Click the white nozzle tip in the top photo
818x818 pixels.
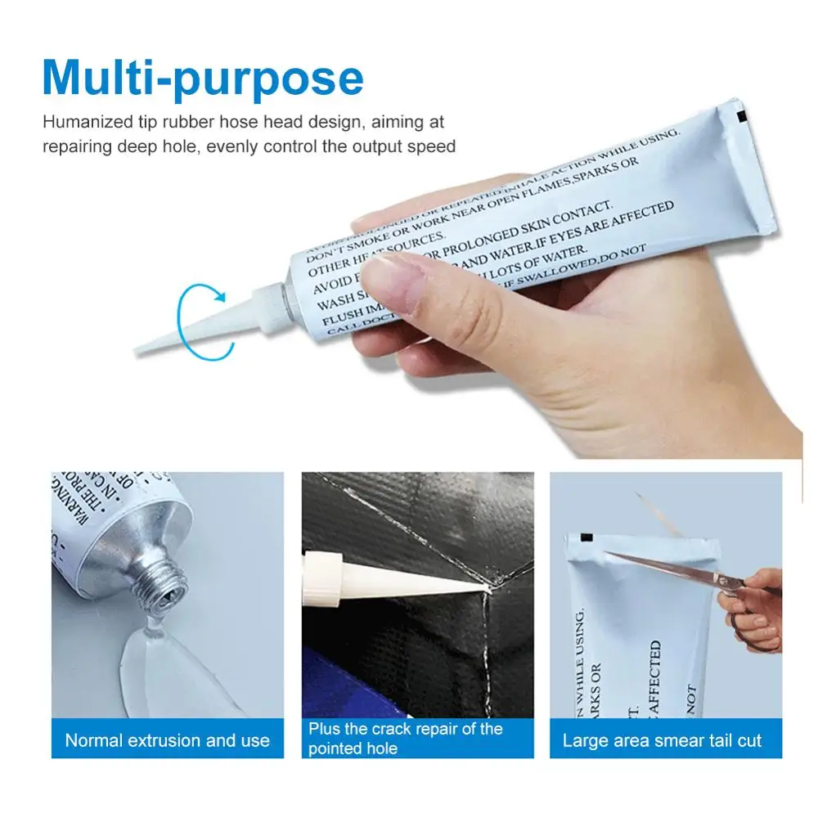[147, 347]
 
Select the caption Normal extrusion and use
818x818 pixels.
[167, 741]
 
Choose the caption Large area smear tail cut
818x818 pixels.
[661, 741]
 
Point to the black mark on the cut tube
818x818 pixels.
[586, 537]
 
